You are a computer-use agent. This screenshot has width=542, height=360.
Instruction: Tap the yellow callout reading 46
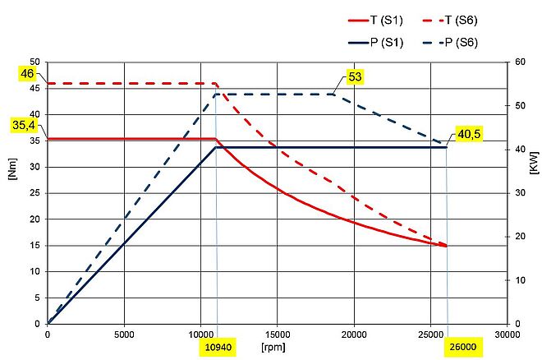coord(28,75)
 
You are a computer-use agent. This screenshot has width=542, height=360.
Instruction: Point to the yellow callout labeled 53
coord(356,76)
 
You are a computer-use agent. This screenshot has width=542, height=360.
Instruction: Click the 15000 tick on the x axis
coord(278,335)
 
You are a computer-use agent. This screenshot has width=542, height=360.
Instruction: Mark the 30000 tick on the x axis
coord(508,335)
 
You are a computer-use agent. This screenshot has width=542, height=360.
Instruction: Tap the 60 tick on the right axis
coord(520,62)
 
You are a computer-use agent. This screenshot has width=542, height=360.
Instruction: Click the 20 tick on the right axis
coord(520,237)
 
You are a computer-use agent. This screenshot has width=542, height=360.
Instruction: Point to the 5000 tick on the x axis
coord(124,335)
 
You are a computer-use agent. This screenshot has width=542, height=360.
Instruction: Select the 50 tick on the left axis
coord(34,62)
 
